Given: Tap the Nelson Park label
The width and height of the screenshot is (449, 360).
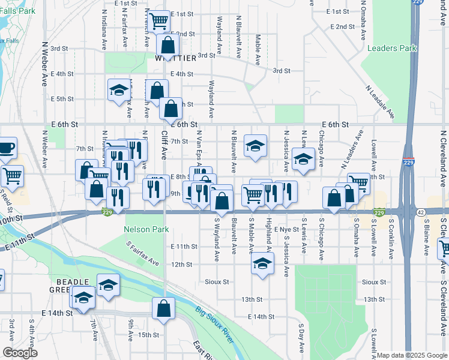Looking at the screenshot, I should click(x=146, y=229).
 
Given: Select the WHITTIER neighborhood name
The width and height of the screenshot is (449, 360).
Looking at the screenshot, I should click(x=175, y=58).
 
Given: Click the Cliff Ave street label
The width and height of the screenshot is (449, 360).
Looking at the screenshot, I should click(x=163, y=145).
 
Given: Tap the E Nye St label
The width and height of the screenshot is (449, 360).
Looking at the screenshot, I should click(x=286, y=229).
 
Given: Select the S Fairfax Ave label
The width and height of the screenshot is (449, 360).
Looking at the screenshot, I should click(x=142, y=254).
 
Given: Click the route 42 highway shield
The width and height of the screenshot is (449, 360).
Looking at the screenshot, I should click(x=421, y=212).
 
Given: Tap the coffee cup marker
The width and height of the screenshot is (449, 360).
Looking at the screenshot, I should click(x=6, y=147).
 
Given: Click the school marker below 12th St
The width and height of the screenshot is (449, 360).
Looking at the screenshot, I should click(x=262, y=263).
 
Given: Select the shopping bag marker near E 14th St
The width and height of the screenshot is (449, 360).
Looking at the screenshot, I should click(x=163, y=309).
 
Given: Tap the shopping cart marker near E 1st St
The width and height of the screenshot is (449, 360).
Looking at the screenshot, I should click(x=159, y=22).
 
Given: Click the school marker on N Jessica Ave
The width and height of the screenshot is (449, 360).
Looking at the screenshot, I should click(x=304, y=160).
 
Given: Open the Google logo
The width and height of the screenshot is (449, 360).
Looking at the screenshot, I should click(x=20, y=353).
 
